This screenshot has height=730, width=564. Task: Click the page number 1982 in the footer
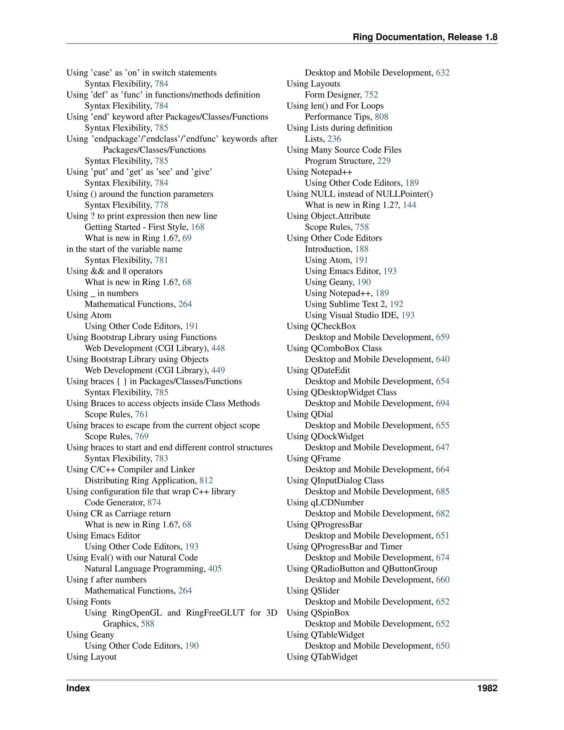[487, 688]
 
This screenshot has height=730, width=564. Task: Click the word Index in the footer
[78, 688]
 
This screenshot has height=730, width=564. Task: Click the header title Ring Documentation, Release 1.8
[425, 37]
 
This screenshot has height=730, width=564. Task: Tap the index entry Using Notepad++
[319, 172]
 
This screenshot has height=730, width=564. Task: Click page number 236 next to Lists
[334, 139]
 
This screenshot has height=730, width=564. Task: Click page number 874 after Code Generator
[154, 502]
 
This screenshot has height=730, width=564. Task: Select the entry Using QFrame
[313, 458]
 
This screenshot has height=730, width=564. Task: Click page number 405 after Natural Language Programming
[215, 569]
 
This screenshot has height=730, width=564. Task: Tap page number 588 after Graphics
[147, 624]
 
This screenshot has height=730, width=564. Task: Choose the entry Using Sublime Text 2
[346, 304]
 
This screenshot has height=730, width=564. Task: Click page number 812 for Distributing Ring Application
[206, 480]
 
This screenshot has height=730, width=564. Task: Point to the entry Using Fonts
[89, 602]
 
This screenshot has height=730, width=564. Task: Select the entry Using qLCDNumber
[325, 502]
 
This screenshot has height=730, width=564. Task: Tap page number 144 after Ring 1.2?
[409, 205]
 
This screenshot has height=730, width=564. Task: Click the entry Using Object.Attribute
[329, 216]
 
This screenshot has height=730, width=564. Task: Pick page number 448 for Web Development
[218, 348]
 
